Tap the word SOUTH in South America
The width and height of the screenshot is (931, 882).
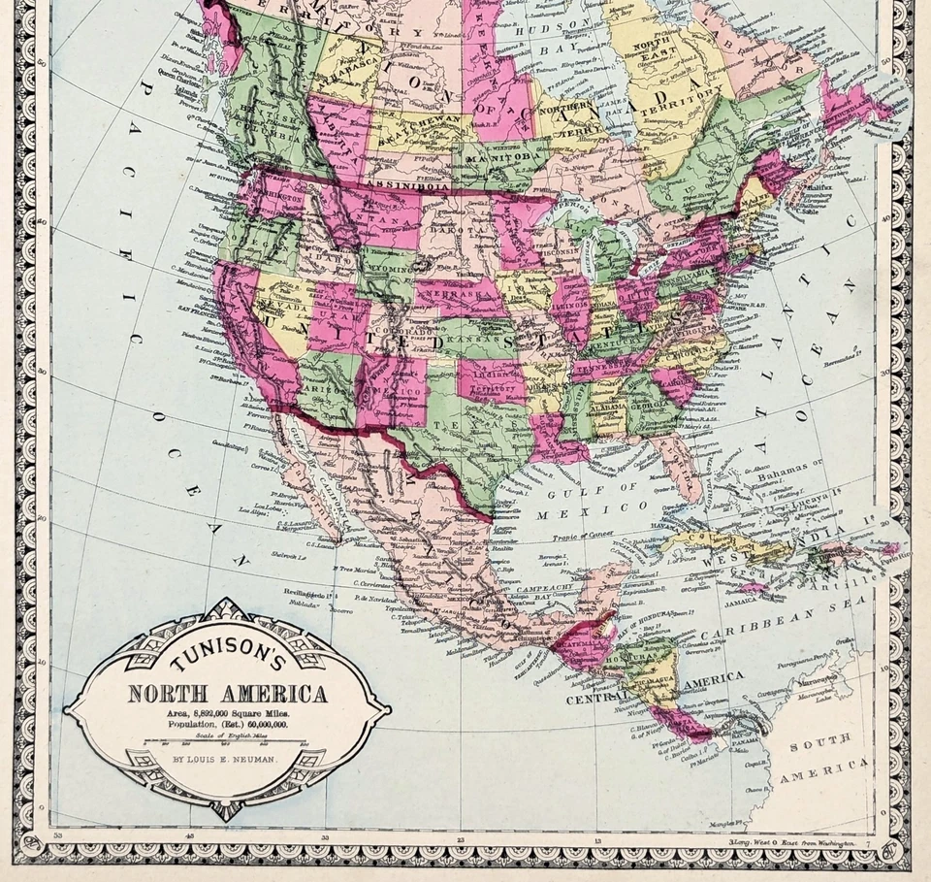point(819,745)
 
